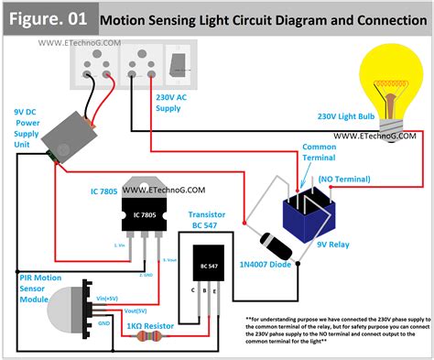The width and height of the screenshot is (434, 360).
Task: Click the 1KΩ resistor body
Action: click(150, 336)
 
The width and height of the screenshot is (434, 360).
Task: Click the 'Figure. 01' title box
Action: click(47, 16)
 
